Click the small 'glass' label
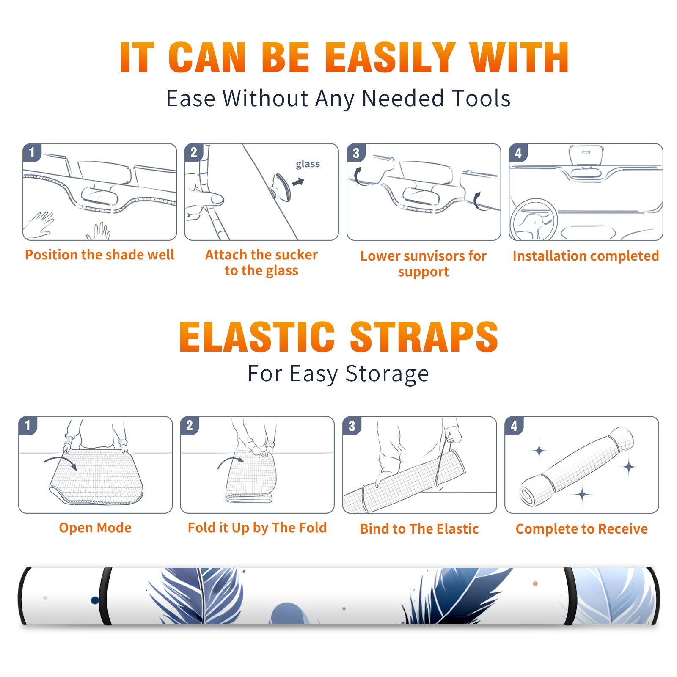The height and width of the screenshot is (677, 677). (308, 164)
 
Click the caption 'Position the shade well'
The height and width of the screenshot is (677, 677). (99, 255)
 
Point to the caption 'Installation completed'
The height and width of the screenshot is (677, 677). (586, 256)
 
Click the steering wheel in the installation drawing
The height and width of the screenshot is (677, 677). (534, 220)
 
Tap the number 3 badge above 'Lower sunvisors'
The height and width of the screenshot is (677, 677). (356, 153)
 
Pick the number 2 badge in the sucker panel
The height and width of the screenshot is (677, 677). (194, 153)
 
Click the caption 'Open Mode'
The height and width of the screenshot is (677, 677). (95, 528)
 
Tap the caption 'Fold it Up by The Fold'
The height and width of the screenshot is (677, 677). (257, 528)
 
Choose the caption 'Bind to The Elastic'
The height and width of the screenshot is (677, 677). (419, 529)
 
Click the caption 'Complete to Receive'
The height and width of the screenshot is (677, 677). (582, 529)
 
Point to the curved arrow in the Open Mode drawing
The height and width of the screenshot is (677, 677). (61, 458)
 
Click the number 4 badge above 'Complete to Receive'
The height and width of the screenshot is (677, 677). (514, 426)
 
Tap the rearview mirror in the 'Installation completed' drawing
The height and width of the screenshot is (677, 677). (586, 156)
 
